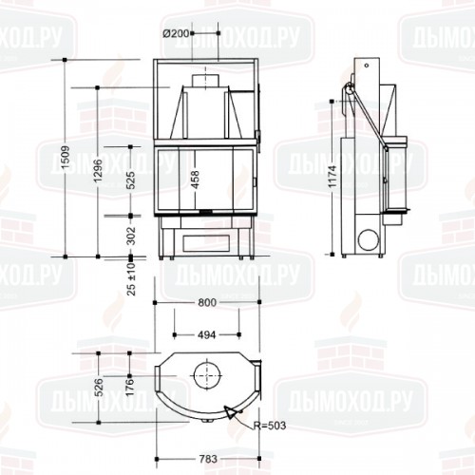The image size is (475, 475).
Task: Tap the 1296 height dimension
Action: coord(99,169)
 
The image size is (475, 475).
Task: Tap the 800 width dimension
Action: coord(208,302)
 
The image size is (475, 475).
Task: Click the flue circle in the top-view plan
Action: coord(205,374)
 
